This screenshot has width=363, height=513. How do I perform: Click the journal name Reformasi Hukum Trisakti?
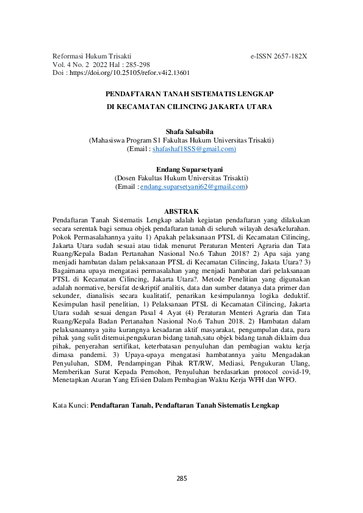[92, 55]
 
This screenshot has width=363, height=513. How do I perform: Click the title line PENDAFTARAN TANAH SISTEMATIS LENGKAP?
[181, 94]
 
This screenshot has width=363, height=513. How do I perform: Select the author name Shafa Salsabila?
[181, 132]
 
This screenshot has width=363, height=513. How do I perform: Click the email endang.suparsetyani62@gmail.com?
[193, 187]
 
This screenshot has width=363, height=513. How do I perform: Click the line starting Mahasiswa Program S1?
[181, 140]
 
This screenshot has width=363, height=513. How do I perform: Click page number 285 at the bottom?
[181, 478]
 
